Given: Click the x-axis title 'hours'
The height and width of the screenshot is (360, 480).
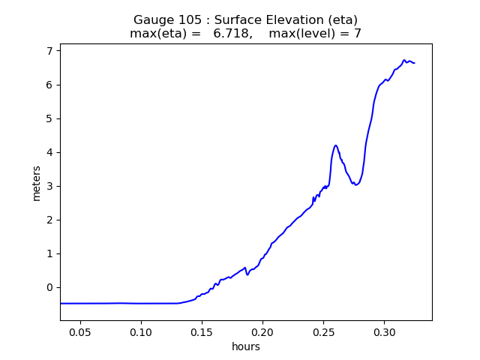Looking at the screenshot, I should click(x=246, y=346).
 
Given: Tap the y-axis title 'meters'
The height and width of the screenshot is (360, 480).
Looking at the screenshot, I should click(x=36, y=183).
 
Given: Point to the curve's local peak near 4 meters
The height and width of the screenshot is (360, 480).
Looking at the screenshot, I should click(x=335, y=145).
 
